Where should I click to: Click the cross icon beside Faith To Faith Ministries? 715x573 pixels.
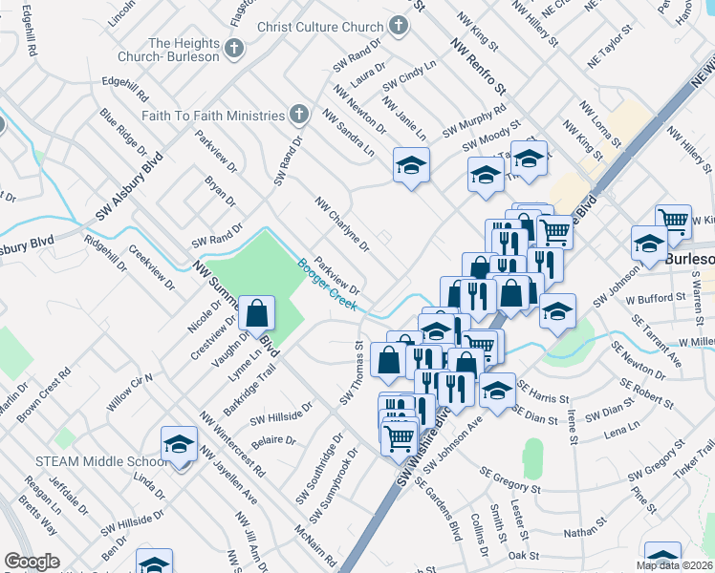click(299, 115)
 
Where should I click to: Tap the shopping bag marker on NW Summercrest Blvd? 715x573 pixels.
click(257, 313)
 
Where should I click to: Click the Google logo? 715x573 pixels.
click(32, 562)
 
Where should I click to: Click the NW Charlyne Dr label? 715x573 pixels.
click(341, 224)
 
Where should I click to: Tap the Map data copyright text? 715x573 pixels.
click(674, 564)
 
